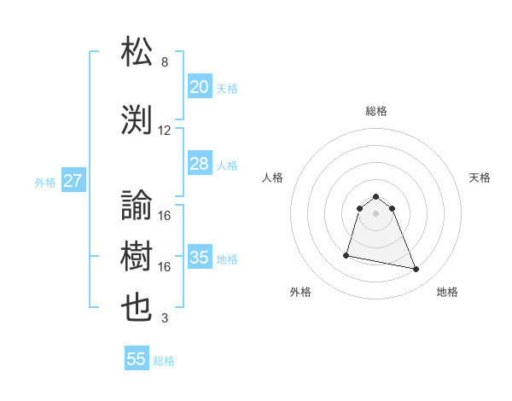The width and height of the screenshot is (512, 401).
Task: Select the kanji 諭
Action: [x=137, y=206]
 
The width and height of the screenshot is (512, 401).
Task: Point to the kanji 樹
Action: [x=137, y=257]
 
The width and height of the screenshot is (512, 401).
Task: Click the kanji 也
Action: [x=137, y=308]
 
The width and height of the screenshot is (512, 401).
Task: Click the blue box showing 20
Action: [x=199, y=86]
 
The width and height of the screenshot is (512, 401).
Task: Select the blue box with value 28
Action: [x=199, y=164]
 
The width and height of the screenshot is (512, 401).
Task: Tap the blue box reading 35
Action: [x=199, y=258]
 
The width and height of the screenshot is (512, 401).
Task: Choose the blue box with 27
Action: [x=73, y=181]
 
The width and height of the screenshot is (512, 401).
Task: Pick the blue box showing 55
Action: [x=137, y=359]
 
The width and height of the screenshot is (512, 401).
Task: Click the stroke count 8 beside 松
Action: [x=165, y=62]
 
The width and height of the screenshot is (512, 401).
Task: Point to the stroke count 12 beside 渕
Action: [x=165, y=131]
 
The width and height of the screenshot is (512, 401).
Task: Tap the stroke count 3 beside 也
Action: [x=165, y=319]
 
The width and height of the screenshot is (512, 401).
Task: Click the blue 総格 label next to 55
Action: [x=164, y=361]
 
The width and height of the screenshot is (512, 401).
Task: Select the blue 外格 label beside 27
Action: [x=45, y=182]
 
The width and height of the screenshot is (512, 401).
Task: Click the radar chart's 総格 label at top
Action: [x=375, y=111]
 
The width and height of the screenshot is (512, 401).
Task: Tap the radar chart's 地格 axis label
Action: [x=447, y=292]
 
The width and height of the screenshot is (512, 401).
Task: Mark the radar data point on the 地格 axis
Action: [x=416, y=270]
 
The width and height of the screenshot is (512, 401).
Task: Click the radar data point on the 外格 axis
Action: [x=346, y=254]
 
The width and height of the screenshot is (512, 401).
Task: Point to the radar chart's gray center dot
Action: [x=375, y=225]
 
